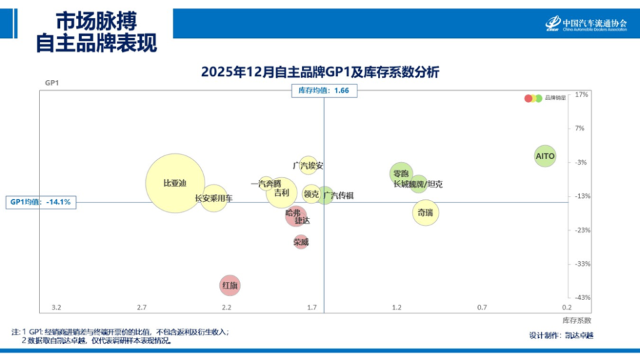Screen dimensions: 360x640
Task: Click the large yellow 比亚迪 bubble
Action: point(175,183)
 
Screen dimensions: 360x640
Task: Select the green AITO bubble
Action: point(545,156)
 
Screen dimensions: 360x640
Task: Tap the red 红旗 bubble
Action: point(229,285)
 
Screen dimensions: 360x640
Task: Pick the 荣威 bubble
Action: point(301,242)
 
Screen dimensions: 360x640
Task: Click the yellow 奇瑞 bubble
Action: point(425,213)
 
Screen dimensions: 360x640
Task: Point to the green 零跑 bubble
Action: point(401,173)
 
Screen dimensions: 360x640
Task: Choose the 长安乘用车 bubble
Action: point(214,198)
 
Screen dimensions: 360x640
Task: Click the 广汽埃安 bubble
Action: point(308,165)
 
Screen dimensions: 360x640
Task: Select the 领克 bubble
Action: point(311,194)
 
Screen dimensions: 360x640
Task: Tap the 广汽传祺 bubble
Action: point(325,195)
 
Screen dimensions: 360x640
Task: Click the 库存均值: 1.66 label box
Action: point(323,91)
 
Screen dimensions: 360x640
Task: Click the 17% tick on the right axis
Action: point(581,95)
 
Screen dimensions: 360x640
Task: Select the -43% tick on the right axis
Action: point(581,297)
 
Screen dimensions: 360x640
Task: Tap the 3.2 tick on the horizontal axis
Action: point(57,307)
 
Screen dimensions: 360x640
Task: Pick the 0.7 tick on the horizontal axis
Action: point(482,307)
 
